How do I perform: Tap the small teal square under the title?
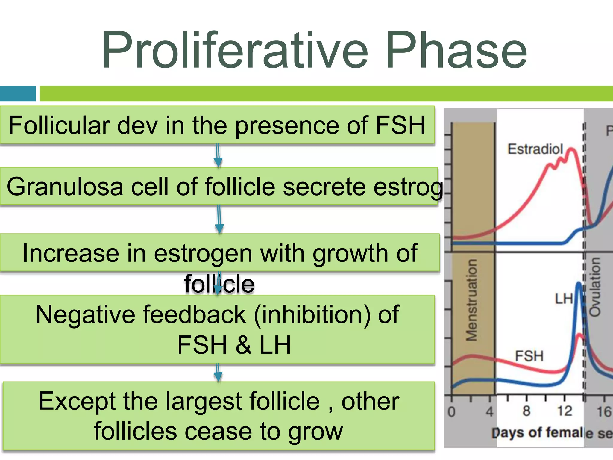[x=18, y=93]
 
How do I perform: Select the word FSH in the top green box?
[x=400, y=125]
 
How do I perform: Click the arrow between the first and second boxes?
[x=218, y=156]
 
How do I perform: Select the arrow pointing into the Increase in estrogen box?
[x=219, y=220]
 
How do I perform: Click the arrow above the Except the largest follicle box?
[x=218, y=373]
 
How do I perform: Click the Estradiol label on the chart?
[x=535, y=149]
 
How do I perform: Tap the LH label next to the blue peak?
[x=564, y=299]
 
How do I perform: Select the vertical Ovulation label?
[x=595, y=287]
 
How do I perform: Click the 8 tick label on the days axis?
[x=526, y=411]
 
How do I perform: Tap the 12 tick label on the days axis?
[x=565, y=411]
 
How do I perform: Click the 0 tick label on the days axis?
[x=451, y=412]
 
